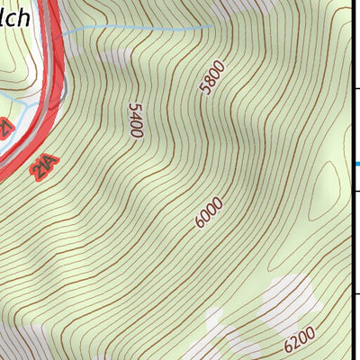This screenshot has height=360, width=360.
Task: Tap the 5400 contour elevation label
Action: coord(136,120)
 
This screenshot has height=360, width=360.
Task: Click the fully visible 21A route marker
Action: coord(43,168)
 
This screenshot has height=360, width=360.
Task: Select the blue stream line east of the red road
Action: coord(135,29)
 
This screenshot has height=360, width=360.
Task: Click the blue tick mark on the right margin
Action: coord(355,163)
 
